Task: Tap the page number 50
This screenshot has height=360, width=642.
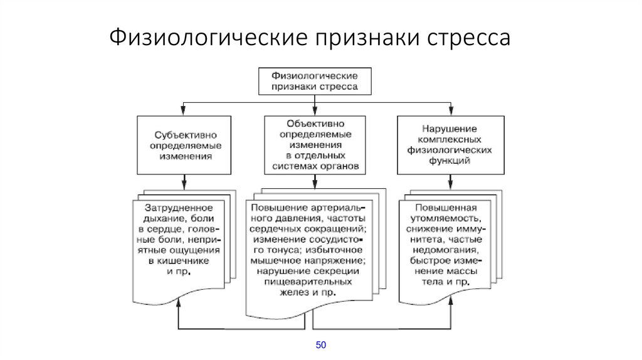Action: point(321,345)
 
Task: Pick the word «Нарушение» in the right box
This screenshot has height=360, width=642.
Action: point(450,129)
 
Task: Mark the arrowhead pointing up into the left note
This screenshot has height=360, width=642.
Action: point(179,302)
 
